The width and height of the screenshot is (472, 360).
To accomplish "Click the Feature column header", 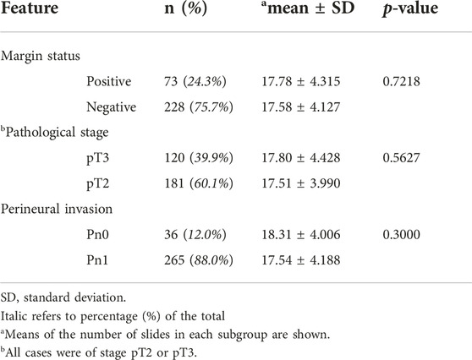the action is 30,8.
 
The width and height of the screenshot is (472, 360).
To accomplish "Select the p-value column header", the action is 410,8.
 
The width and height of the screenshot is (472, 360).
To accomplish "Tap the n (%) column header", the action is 186,8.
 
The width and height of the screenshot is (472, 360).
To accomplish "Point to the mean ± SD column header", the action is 308,8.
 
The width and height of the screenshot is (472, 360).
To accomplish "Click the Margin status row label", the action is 41,56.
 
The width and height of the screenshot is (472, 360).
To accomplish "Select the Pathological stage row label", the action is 54,133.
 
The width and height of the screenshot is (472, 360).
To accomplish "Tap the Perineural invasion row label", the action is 57,209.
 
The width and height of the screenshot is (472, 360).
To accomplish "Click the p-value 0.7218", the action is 401,81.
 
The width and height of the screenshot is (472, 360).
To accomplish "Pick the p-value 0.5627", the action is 401,158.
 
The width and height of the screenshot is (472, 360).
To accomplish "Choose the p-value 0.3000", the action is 401,235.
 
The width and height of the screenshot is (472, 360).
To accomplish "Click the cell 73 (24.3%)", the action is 195,82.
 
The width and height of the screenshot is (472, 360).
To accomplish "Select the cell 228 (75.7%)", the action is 199,107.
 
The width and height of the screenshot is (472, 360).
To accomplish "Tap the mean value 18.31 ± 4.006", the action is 301,235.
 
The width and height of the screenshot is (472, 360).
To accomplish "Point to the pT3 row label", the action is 98,159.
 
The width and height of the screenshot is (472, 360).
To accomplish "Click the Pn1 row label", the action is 97,260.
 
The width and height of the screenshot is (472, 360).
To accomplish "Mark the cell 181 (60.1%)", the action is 199,183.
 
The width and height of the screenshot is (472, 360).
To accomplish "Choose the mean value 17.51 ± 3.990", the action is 301,183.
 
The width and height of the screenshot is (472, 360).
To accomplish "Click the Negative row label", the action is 112,107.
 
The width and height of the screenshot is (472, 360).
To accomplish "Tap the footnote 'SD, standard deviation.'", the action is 63,297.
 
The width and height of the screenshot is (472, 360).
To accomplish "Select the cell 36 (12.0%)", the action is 195,235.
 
